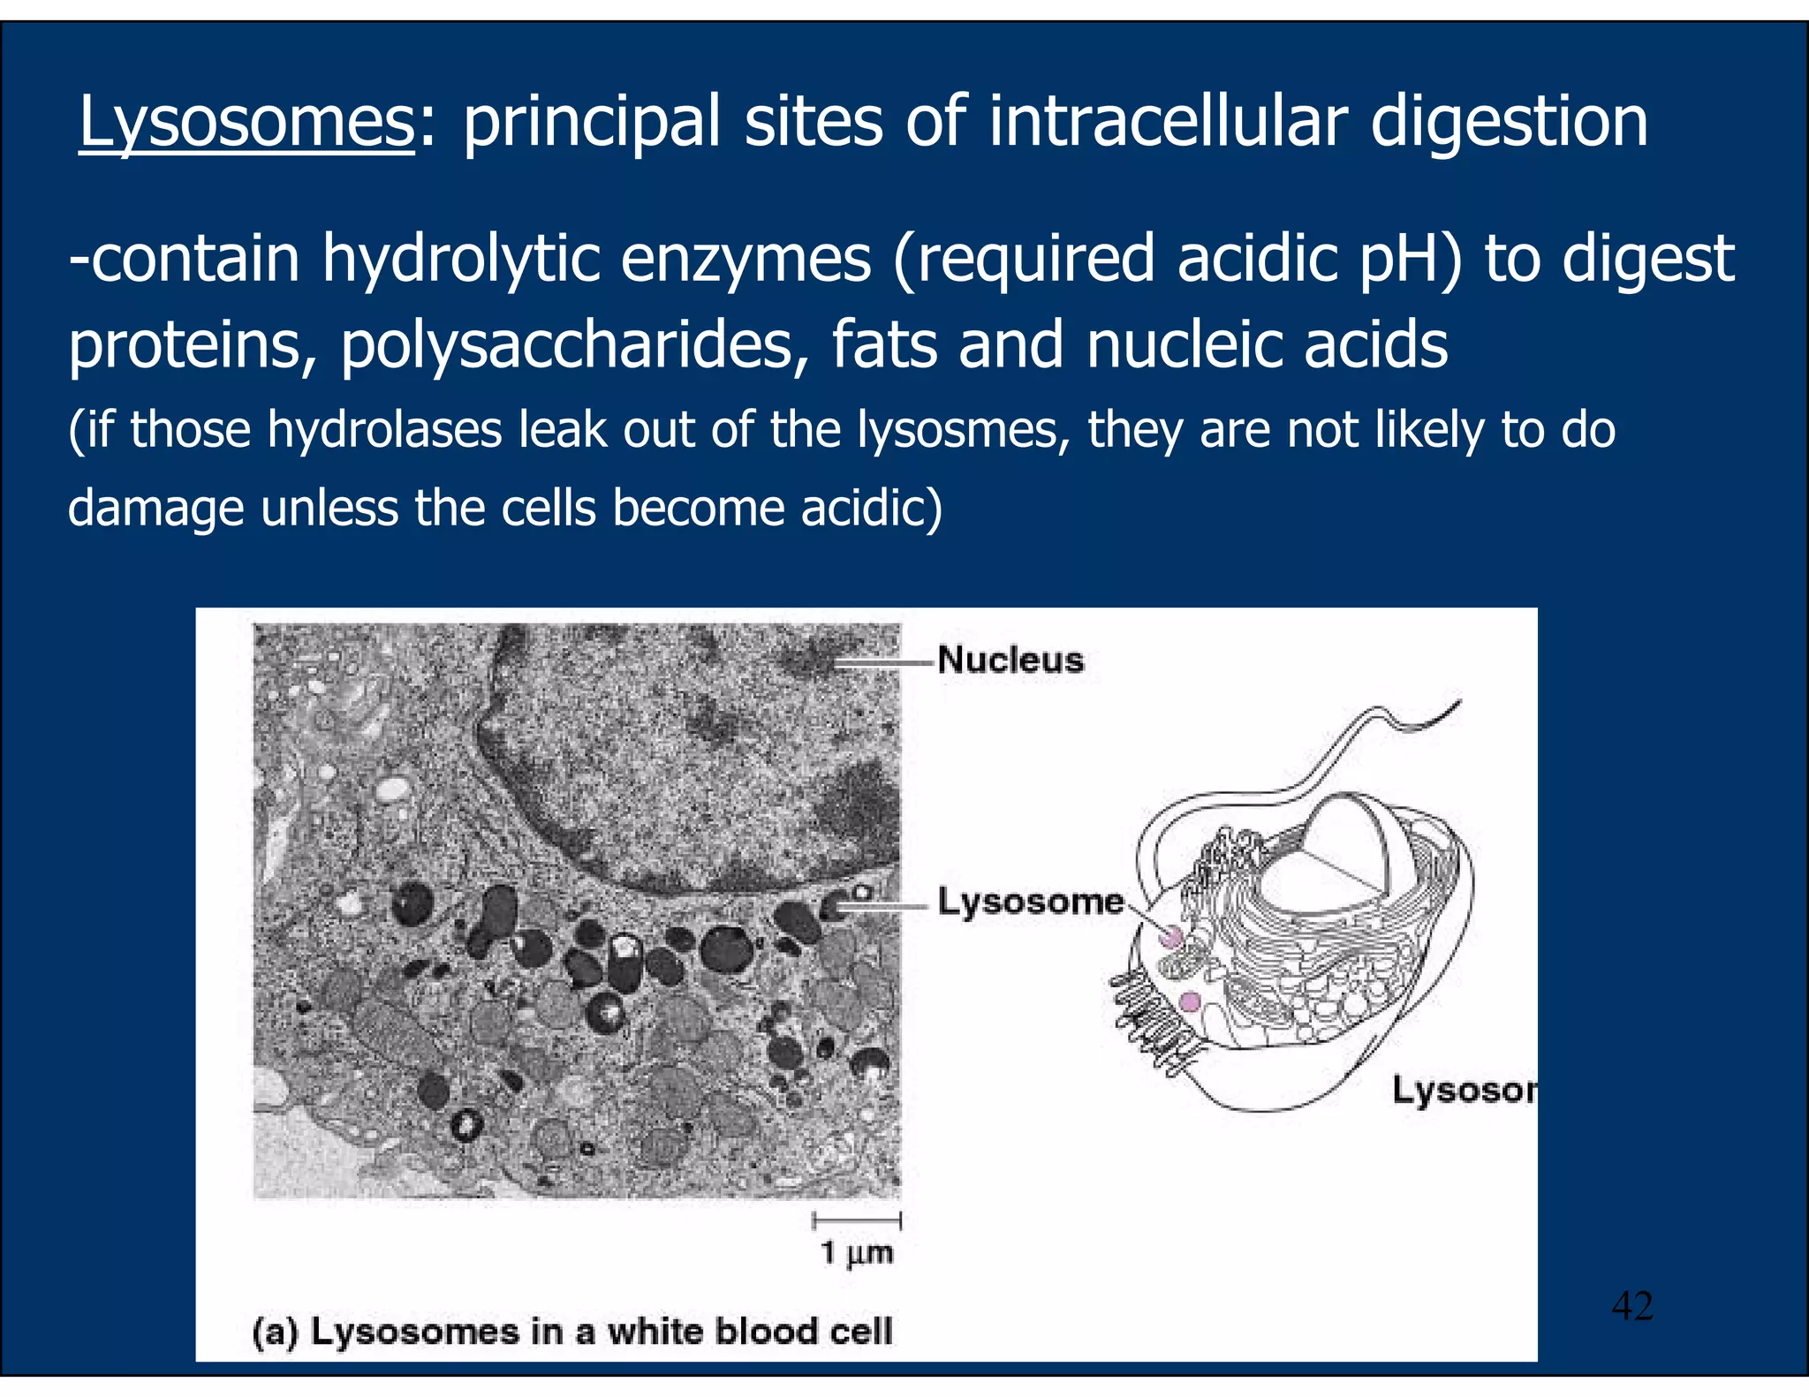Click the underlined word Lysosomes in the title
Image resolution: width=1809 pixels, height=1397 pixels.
tap(246, 122)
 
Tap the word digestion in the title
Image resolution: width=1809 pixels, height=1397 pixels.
tap(1509, 122)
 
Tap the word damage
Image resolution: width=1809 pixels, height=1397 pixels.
tap(155, 509)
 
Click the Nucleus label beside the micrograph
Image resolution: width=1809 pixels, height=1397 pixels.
tap(1010, 661)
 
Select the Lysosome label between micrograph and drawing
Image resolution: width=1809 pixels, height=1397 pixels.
tap(1030, 902)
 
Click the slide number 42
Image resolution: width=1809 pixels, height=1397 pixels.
tap(1631, 1305)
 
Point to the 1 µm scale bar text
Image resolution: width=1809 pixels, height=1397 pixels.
tap(857, 1252)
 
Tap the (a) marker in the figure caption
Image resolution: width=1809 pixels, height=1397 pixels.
tap(274, 1332)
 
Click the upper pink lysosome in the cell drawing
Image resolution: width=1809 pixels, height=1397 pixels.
tap(1171, 937)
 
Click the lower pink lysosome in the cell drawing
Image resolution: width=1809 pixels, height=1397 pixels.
tap(1190, 1001)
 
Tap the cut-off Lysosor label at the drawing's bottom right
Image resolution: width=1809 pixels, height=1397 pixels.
tap(1464, 1091)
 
